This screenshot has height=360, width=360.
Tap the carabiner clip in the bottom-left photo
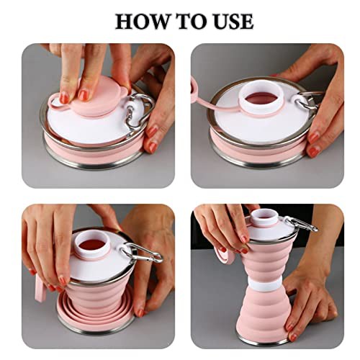point(142,253)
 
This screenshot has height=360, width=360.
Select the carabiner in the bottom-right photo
point(300,224)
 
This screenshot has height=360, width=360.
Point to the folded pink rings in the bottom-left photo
point(96,310)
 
